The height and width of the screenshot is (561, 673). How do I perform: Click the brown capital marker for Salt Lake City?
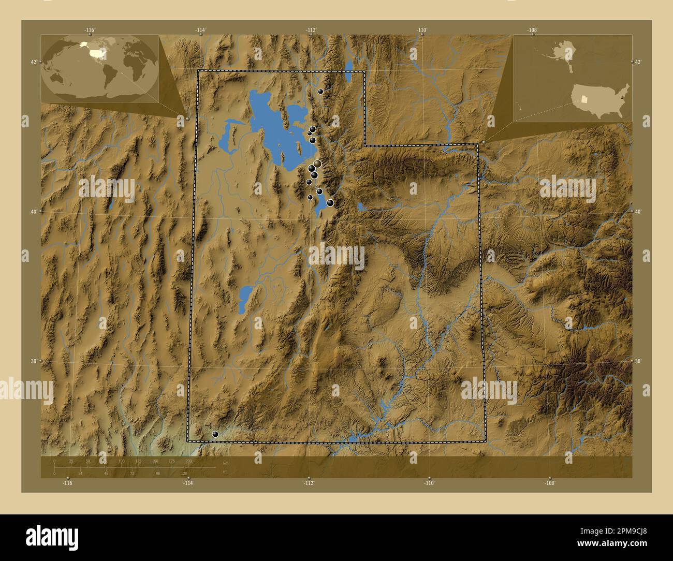tap(317, 164)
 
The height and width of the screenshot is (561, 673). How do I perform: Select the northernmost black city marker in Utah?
tap(321, 91)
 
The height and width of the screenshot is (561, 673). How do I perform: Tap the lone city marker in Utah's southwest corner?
tap(215, 435)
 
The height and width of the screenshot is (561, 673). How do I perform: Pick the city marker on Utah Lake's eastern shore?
tap(330, 203)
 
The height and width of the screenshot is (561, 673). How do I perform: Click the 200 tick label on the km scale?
tap(188, 461)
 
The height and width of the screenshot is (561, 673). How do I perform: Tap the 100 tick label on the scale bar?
tap(121, 461)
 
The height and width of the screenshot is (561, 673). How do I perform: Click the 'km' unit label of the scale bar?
tap(225, 463)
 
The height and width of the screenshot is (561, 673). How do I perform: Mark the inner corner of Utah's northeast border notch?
tap(365, 145)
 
